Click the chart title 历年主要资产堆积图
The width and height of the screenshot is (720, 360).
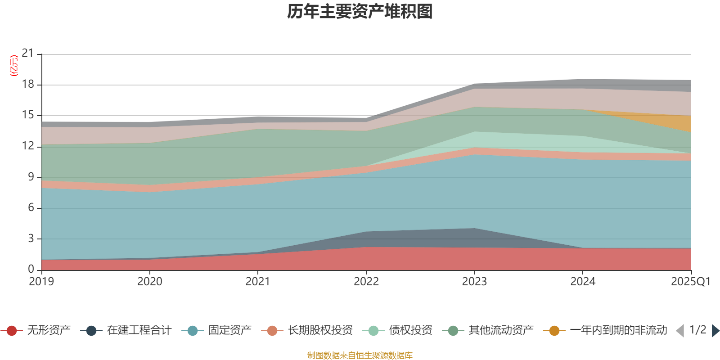pos(360,12)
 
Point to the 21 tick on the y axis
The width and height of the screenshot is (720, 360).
pos(28,54)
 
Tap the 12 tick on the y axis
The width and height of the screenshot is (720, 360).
pos(28,146)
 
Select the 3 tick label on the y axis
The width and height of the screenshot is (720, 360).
pos(31,238)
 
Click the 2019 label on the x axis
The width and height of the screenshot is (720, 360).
pos(41,282)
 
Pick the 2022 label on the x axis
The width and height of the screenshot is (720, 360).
pos(366,282)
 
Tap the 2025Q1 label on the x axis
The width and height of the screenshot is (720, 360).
pos(690,282)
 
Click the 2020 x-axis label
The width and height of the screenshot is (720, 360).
pos(149,282)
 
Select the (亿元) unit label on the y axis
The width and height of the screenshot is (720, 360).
pos(14,66)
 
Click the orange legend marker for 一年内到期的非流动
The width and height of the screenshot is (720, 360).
pos(554,331)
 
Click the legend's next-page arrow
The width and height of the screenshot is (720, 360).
pos(715,331)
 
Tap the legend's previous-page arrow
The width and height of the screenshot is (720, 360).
pos(680,331)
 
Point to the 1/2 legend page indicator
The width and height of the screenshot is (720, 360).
pos(697,330)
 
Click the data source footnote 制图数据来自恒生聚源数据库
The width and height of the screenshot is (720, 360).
pos(360,355)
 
